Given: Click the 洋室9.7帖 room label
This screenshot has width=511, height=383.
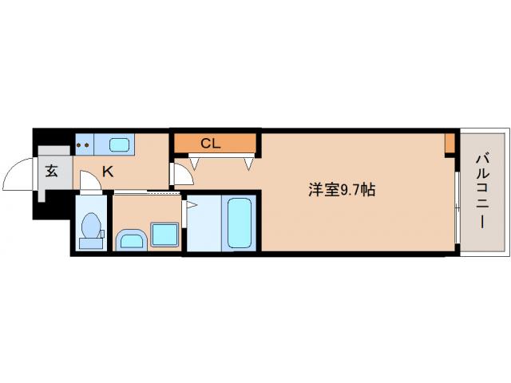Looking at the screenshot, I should coord(342,190).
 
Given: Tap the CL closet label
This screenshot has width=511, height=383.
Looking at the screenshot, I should coord(210,144).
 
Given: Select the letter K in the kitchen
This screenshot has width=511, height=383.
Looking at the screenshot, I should coord(106,170).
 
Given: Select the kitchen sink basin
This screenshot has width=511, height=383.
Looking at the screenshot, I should coord(119,145).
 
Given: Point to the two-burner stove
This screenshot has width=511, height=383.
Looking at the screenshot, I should coord(84,145).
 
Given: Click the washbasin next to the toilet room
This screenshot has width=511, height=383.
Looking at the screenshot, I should coord(130,239).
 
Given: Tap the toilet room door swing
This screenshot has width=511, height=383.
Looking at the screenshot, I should coord(90,183).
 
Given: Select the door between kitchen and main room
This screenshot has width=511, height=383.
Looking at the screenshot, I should coord(179,174).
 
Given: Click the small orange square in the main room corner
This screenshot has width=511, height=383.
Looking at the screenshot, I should coord(450,144).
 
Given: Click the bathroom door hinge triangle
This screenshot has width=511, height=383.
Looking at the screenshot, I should coord(189,206).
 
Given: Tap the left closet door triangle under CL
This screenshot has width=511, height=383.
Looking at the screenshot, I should coord(193,163).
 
